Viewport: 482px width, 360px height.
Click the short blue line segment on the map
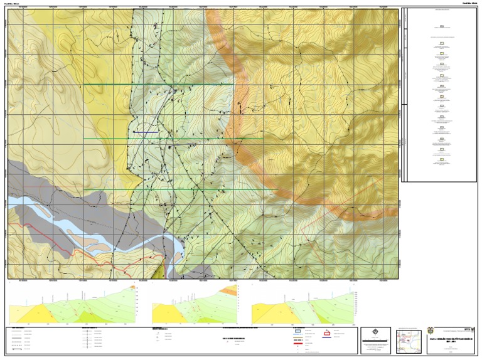point(145,132)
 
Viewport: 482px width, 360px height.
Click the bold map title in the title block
point(453,339)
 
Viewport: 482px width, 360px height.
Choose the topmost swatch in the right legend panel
point(442,27)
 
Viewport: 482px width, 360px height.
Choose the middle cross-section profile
point(195,305)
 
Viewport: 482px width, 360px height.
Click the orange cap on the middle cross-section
point(233,290)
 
